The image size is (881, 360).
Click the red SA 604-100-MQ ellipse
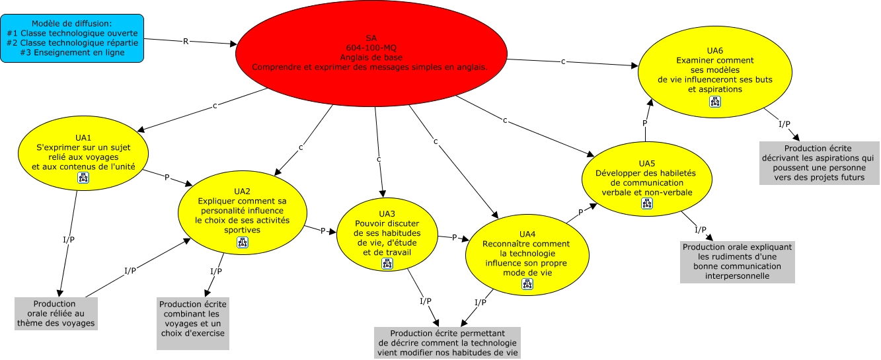pyautogui.click(x=371, y=54)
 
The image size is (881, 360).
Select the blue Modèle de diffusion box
pyautogui.click(x=72, y=38)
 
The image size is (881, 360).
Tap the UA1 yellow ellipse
pyautogui.click(x=83, y=153)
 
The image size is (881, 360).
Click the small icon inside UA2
pyautogui.click(x=243, y=242)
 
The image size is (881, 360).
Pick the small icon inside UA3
pyautogui.click(x=387, y=264)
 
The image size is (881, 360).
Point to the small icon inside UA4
pyautogui.click(x=527, y=284)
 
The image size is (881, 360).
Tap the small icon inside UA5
pyautogui.click(x=647, y=203)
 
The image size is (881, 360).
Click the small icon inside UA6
pyautogui.click(x=715, y=102)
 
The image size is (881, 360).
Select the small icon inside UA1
pyautogui.click(x=83, y=178)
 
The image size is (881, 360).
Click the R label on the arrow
pyautogui.click(x=186, y=41)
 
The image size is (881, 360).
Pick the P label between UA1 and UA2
pyautogui.click(x=167, y=177)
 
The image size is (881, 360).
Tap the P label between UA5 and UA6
pyautogui.click(x=644, y=123)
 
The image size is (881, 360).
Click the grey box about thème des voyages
pyautogui.click(x=56, y=314)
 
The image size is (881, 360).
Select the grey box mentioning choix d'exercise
pyautogui.click(x=193, y=324)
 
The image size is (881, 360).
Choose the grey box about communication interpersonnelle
pyautogui.click(x=738, y=262)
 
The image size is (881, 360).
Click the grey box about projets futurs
pyautogui.click(x=818, y=162)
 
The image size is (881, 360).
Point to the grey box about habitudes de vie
pyautogui.click(x=447, y=343)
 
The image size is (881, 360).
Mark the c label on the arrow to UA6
pyautogui.click(x=563, y=61)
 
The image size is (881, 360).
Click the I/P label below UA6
pyautogui.click(x=785, y=124)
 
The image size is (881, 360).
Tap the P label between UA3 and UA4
pyautogui.click(x=454, y=237)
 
